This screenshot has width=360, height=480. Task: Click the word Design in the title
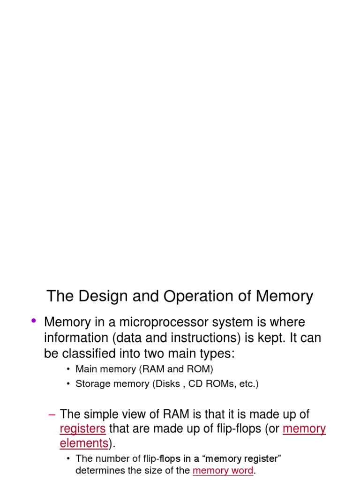pos(99,297)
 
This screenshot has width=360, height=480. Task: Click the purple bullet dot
pos(33,321)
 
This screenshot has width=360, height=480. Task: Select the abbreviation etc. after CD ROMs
pos(247,384)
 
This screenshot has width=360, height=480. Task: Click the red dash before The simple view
pos(52,414)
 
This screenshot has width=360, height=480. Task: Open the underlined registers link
pos(82,429)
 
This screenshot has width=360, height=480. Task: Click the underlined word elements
pos(84,443)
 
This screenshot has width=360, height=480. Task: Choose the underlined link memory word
pos(223,471)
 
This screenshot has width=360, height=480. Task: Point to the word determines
pos(97,471)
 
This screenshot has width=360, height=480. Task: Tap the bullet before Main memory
pos(68,369)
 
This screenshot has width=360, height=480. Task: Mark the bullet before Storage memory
pos(68,384)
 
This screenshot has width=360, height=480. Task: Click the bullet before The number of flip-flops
pos(68,458)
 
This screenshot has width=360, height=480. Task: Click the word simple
pos(100,414)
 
